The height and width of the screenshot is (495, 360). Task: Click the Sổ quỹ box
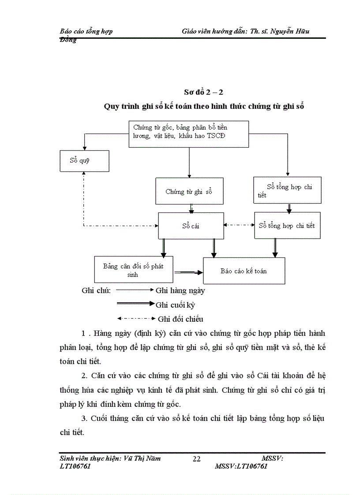[84, 161]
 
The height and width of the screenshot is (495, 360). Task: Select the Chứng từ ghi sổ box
[189, 191]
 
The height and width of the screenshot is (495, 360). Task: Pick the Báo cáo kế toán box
[244, 271]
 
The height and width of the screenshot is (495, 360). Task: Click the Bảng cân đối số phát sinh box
[133, 270]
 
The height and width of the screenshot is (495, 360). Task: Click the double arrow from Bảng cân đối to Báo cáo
[187, 273]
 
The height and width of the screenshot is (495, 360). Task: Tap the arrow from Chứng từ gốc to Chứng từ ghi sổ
[189, 162]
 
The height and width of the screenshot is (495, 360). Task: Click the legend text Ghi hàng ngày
[180, 290]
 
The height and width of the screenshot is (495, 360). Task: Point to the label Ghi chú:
[96, 290]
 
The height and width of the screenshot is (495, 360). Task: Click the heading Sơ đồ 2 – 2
[203, 92]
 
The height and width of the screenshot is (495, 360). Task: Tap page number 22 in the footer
[197, 459]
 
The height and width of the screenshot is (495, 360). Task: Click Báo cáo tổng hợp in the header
[86, 31]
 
